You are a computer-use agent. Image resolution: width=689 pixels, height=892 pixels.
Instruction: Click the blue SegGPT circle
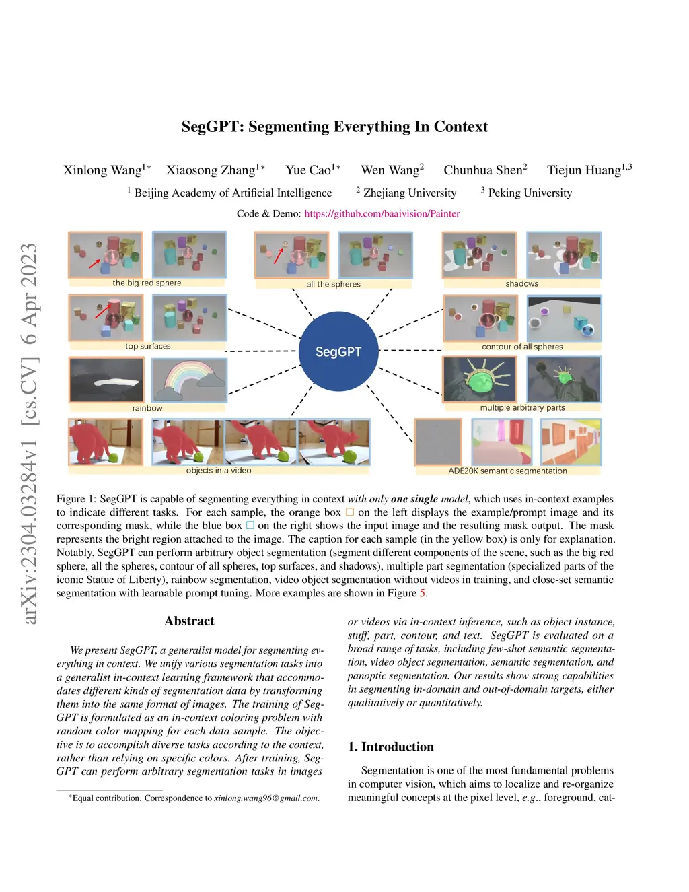point(338,351)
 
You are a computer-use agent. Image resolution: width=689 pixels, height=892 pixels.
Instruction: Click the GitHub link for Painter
point(382,213)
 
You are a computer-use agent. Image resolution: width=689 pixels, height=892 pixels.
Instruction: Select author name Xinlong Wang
point(103,170)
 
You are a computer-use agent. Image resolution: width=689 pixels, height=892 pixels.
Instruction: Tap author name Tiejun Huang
point(583,170)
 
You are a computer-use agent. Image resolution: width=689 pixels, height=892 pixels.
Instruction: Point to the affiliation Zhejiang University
point(409,193)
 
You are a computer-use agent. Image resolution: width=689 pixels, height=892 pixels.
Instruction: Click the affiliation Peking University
point(530,193)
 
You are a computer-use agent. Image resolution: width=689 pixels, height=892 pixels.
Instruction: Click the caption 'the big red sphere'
point(147,283)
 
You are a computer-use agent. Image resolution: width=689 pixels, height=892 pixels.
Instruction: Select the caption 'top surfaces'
point(147,347)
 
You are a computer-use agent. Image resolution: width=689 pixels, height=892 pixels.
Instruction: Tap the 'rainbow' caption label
point(147,409)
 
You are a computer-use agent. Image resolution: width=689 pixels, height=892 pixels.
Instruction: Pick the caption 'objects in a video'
point(219,471)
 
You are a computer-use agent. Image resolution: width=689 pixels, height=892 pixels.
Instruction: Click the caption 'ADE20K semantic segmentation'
point(507,471)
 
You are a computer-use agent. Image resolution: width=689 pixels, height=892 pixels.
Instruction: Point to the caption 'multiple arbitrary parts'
point(522,408)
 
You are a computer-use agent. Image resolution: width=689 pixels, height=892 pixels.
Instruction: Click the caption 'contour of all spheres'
point(522,347)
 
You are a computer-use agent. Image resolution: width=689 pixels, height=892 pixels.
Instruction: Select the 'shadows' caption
point(521,284)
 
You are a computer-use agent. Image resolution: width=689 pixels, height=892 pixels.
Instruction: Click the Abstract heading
point(189,621)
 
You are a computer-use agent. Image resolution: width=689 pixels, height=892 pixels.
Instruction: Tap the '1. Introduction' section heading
point(390,747)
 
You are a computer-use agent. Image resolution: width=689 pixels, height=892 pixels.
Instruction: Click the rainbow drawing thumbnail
point(189,380)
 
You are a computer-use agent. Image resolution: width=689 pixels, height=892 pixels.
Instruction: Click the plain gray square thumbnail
point(438,442)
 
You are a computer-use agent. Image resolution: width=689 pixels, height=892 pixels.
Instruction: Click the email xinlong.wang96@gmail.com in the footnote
point(266,798)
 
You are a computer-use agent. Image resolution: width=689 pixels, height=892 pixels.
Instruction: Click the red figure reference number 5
point(423,593)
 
